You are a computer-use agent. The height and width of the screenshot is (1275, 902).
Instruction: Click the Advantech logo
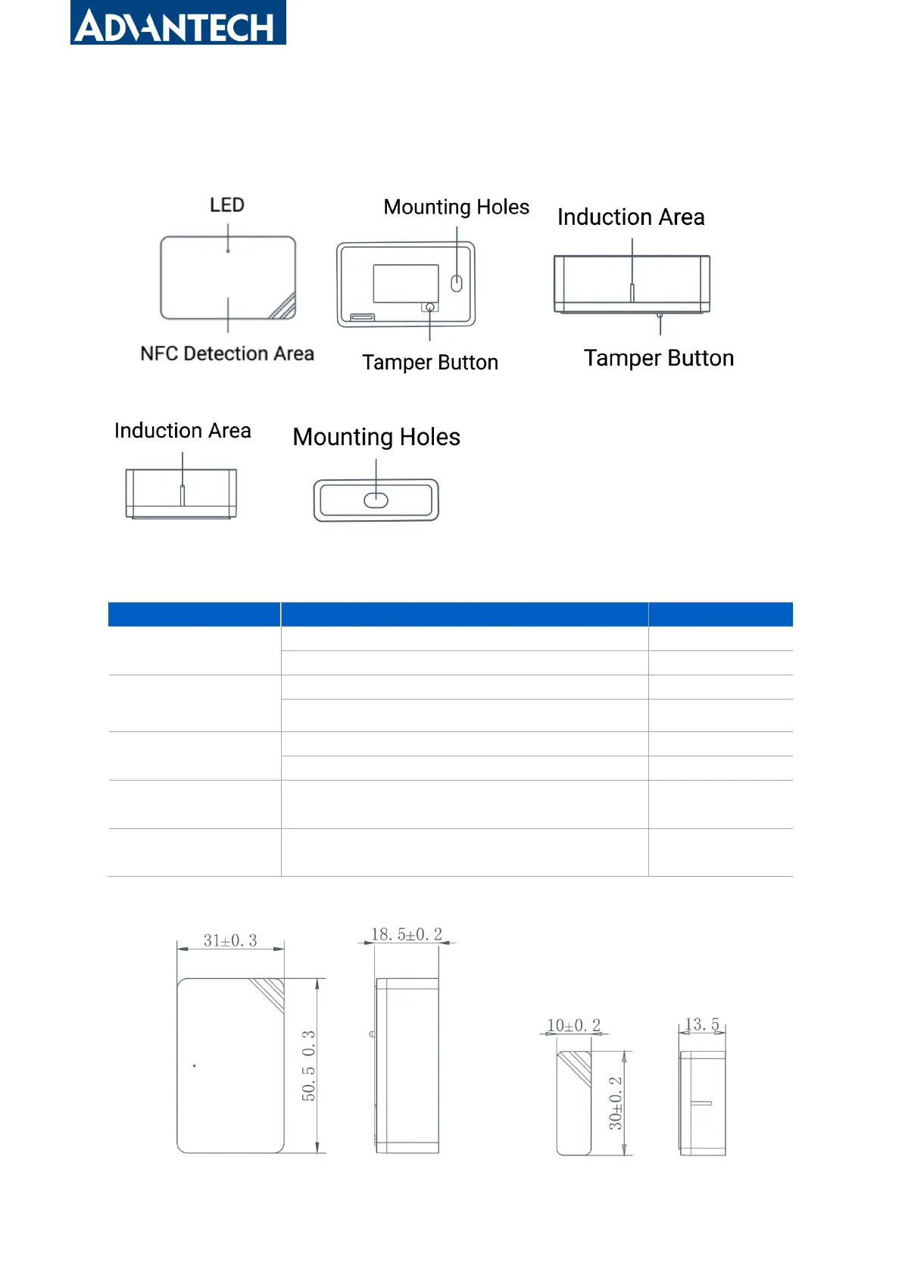coord(178,23)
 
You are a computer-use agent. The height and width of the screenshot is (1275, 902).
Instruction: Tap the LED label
coord(227,205)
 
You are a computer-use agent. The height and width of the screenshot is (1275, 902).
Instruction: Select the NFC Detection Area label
coord(227,354)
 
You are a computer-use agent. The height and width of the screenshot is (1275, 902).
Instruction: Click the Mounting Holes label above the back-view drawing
coord(456,207)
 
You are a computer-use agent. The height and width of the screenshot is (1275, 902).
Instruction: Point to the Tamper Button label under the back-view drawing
coord(430,363)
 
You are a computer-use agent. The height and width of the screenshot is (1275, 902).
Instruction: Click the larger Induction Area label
coord(631,217)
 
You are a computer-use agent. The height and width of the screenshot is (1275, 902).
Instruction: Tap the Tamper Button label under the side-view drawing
coord(659,358)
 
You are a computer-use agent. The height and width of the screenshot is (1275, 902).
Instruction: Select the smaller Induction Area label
coord(183,431)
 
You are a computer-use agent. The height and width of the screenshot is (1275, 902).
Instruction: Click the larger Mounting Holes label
coord(376,437)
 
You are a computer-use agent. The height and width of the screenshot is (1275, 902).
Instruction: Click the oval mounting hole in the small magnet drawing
coord(376,500)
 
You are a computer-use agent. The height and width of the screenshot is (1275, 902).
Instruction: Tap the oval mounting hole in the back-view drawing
coord(457,283)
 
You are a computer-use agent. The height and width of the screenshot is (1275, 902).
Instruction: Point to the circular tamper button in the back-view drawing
coord(430,307)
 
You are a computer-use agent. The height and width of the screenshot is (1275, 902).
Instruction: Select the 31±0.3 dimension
coord(230,940)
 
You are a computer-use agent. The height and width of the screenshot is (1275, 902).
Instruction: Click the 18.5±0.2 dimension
coord(407,934)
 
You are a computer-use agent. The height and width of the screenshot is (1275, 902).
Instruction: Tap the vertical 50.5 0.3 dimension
coord(308,1065)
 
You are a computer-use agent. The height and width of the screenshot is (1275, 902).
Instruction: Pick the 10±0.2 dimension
coord(574,1025)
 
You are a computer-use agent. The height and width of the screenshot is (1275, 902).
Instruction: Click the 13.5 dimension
coord(702,1024)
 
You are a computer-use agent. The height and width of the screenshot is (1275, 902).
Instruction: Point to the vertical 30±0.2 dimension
coord(616,1103)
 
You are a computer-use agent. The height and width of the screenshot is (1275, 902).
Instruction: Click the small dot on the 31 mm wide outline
coord(195,1066)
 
